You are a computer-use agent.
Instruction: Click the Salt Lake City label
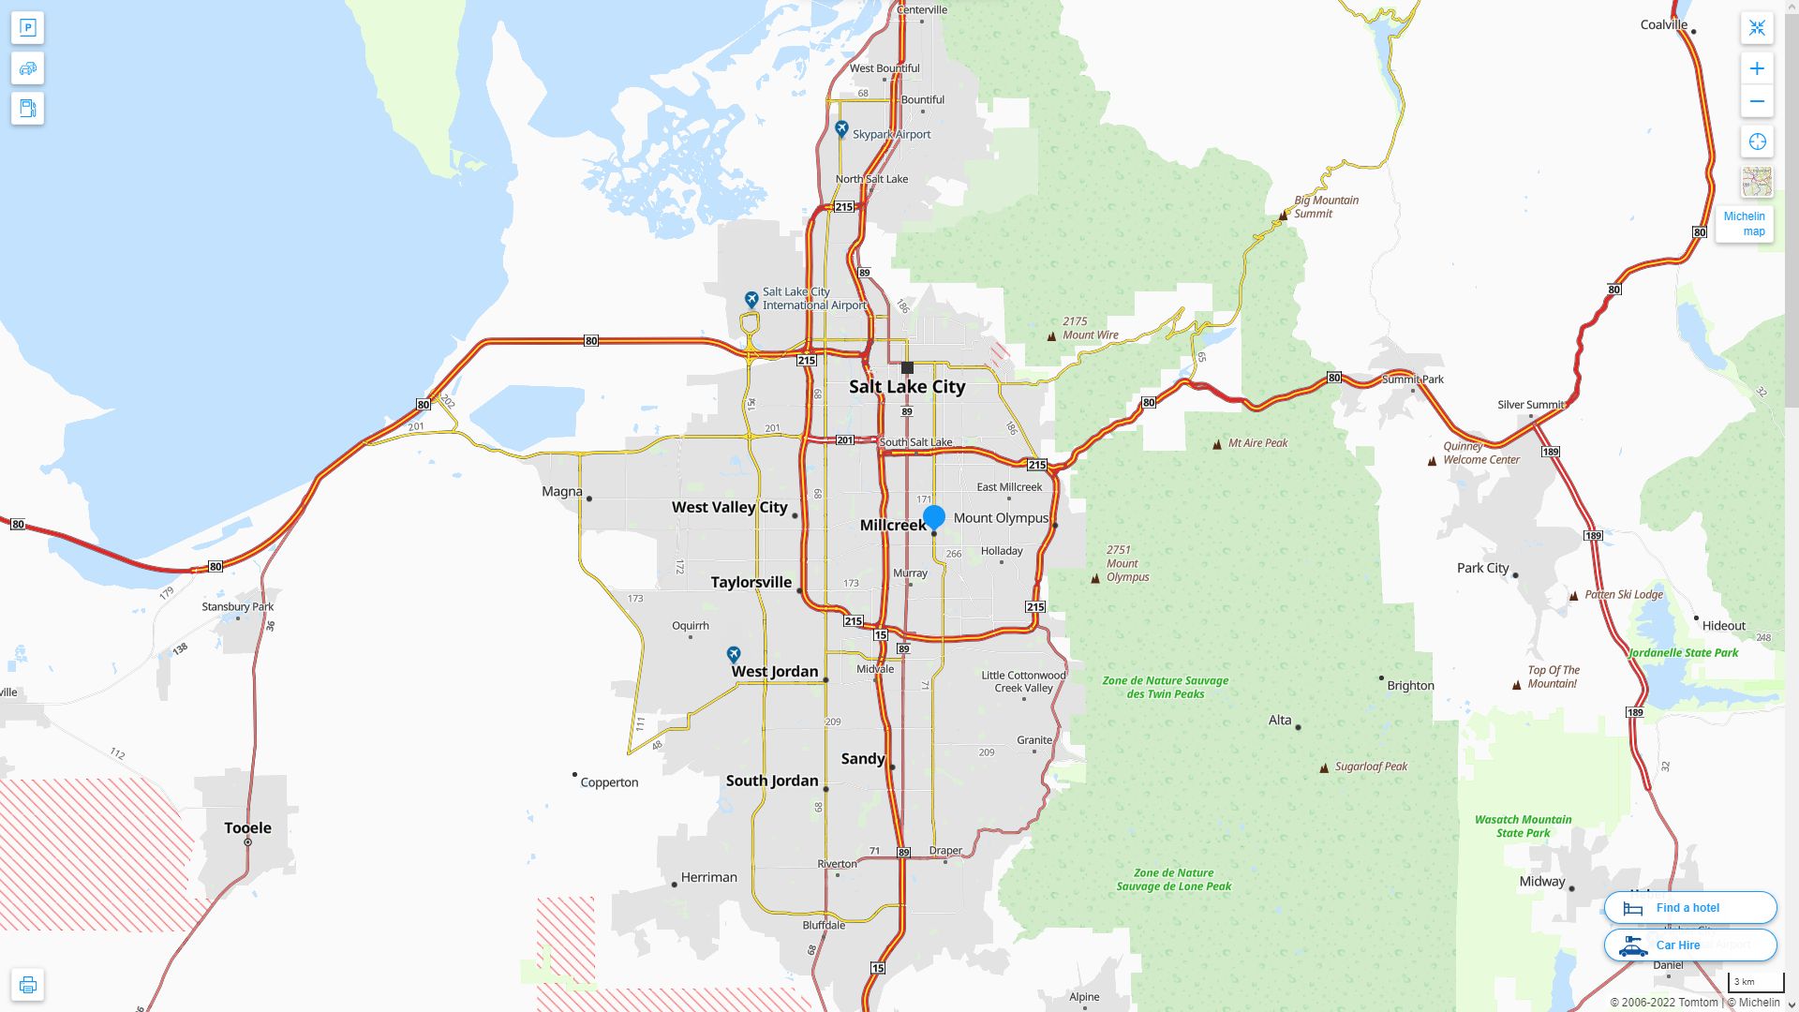pyautogui.click(x=906, y=387)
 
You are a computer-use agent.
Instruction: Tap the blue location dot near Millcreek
pyautogui.click(x=933, y=516)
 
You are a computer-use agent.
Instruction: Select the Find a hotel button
pyautogui.click(x=1689, y=907)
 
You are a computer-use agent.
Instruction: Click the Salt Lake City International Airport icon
pyautogui.click(x=751, y=299)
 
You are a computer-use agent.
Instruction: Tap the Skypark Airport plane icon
pyautogui.click(x=841, y=130)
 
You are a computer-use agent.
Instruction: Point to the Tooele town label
pyautogui.click(x=247, y=828)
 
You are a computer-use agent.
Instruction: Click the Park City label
pyautogui.click(x=1482, y=568)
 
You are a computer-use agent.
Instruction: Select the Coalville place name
pyautogui.click(x=1663, y=25)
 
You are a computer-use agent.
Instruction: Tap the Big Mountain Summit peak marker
pyautogui.click(x=1284, y=216)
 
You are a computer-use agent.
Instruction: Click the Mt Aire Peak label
pyautogui.click(x=1257, y=443)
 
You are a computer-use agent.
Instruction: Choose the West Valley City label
pyautogui.click(x=729, y=507)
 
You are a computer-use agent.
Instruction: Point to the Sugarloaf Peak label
pyautogui.click(x=1371, y=766)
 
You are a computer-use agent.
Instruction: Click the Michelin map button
pyautogui.click(x=1744, y=223)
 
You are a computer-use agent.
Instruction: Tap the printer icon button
pyautogui.click(x=28, y=985)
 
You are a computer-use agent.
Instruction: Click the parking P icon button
pyautogui.click(x=28, y=28)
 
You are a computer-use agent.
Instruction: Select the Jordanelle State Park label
pyautogui.click(x=1683, y=653)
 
